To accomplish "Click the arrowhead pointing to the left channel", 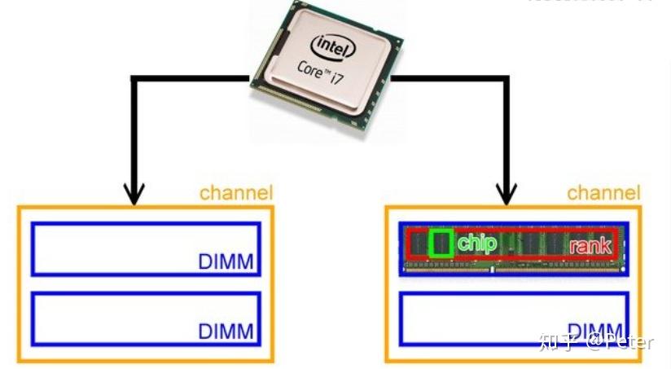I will pyautogui.click(x=134, y=194).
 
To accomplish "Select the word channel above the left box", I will pyautogui.click(x=236, y=193).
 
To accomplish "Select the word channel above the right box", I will pyautogui.click(x=603, y=193).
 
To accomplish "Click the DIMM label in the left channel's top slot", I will pyautogui.click(x=226, y=262).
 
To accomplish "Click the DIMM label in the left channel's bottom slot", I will pyautogui.click(x=226, y=332).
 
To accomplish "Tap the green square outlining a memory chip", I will pyautogui.click(x=441, y=243).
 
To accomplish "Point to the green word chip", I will pyautogui.click(x=476, y=242).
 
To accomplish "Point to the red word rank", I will pyautogui.click(x=590, y=245).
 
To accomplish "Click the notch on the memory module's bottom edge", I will pyautogui.click(x=492, y=275).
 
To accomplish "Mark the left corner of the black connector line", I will pyautogui.click(x=134, y=80).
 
